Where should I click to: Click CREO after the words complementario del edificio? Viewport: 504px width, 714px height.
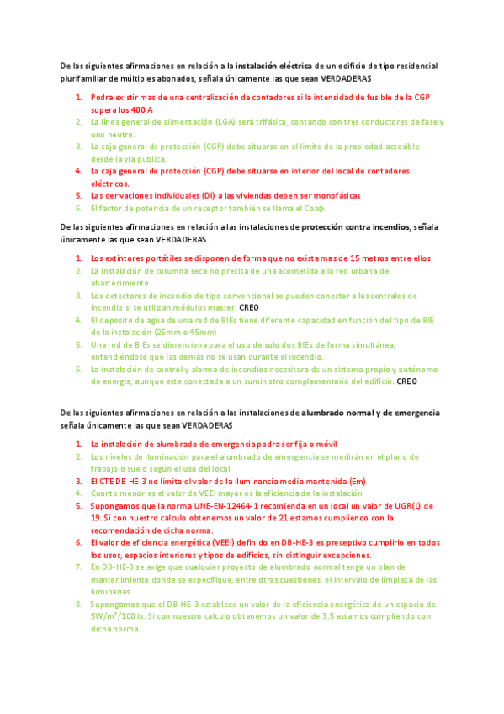[x=406, y=381]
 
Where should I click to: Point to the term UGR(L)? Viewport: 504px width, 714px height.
[x=409, y=506]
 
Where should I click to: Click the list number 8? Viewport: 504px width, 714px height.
[x=78, y=605]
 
